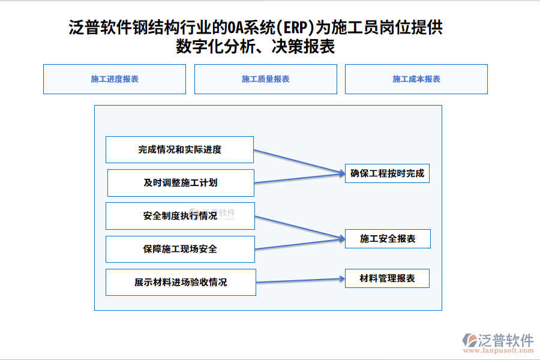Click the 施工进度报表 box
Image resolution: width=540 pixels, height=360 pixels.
(x=115, y=79)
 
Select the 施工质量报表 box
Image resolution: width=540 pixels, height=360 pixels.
(x=266, y=79)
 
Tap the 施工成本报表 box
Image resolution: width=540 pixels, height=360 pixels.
(x=416, y=79)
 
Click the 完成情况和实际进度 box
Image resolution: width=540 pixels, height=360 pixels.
(x=179, y=149)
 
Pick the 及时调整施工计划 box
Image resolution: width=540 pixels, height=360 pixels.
(x=181, y=183)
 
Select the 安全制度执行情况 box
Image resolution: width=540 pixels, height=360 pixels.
(x=180, y=216)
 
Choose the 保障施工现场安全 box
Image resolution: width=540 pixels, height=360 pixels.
(x=180, y=249)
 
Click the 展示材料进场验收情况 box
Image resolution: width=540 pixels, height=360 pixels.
(x=181, y=282)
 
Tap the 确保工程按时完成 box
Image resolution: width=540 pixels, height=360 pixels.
(x=387, y=174)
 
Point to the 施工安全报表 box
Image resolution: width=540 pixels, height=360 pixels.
(x=387, y=239)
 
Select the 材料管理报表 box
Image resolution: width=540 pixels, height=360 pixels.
(x=387, y=278)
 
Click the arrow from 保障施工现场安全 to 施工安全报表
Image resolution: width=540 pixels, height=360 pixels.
(x=299, y=244)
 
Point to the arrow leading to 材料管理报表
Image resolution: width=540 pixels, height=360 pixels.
(x=300, y=280)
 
